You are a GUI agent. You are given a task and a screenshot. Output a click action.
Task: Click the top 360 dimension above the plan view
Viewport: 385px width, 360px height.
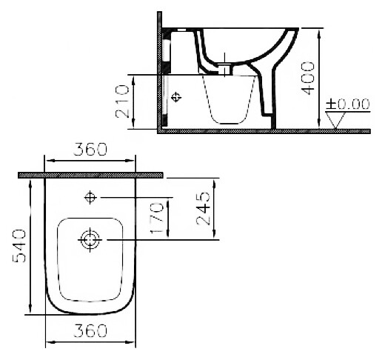coord(90,149)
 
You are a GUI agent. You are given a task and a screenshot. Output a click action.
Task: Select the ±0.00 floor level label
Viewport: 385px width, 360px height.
coord(348,104)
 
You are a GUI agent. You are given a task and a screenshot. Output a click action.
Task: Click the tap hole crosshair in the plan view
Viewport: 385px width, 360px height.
coord(90,197)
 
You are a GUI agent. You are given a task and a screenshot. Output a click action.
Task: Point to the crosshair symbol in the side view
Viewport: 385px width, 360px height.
coord(175,98)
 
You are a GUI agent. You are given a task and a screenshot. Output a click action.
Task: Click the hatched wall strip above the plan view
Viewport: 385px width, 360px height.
coord(90,175)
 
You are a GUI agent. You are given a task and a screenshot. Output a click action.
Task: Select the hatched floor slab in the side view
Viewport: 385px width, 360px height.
coord(267,131)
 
